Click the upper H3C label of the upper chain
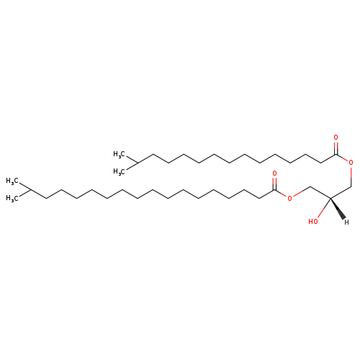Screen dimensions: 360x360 119,154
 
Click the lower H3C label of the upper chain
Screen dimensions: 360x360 119,172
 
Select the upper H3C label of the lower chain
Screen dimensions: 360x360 12,181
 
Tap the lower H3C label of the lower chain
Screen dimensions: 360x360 12,198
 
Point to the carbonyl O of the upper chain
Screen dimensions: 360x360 336,138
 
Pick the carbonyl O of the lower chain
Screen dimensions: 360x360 274,173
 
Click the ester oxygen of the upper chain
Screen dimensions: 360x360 351,163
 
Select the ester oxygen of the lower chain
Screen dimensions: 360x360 290,199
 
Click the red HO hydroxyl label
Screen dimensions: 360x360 313,221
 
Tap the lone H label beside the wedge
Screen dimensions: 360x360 346,222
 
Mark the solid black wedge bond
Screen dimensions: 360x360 338,209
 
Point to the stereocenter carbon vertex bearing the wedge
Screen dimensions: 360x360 330,198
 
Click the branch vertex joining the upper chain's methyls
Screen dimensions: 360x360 138,163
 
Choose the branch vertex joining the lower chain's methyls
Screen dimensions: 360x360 30,189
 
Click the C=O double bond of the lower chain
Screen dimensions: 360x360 275,184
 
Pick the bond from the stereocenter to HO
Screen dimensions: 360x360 324,208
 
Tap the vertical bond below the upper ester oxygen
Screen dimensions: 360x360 351,176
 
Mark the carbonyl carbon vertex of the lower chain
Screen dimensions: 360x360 274,189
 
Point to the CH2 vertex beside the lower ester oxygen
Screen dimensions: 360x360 310,186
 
